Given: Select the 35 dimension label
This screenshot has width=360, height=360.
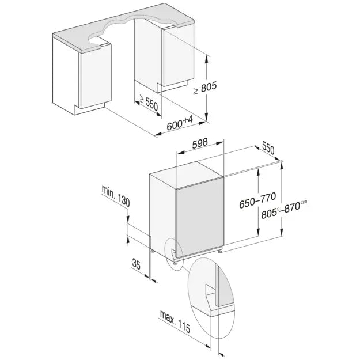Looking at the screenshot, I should point(137,264).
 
